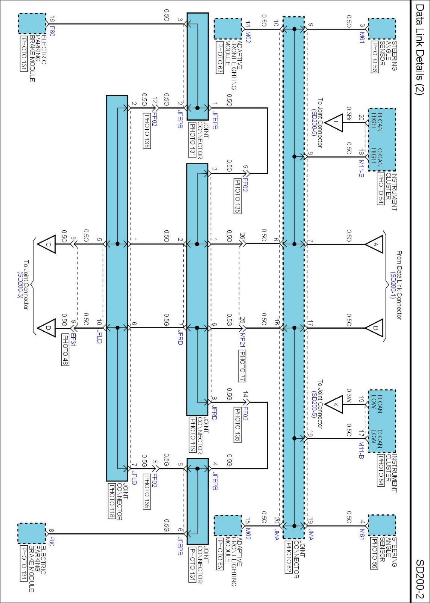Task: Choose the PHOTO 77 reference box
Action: [242, 366]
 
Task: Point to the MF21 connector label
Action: [243, 340]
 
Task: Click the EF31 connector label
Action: [73, 340]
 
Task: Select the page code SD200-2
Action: [420, 579]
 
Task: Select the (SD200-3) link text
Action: [20, 285]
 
